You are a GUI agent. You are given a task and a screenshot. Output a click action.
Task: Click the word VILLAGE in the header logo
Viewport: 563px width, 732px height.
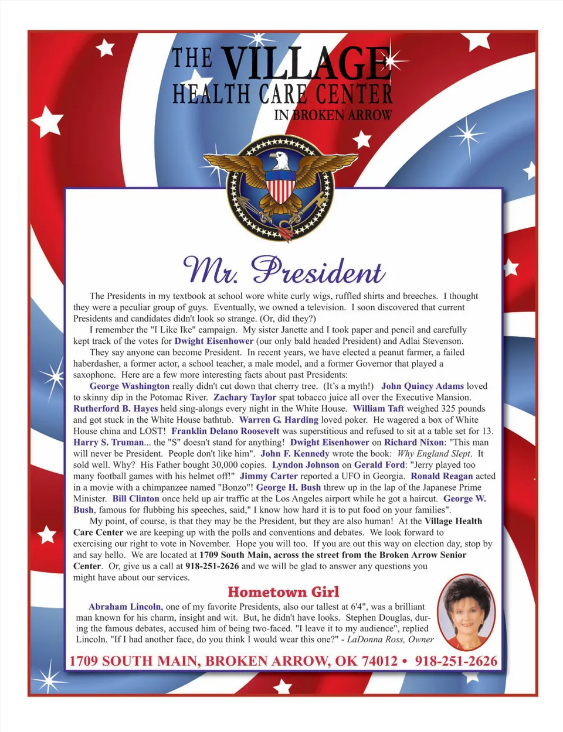306,63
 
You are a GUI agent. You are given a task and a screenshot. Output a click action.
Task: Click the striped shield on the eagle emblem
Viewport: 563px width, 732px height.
280,187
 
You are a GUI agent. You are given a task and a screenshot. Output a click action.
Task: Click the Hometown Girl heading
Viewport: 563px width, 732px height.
283,592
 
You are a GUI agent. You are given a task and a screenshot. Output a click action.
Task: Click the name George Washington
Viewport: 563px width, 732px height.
130,386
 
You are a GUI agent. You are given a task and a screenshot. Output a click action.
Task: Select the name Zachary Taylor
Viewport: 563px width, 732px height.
245,397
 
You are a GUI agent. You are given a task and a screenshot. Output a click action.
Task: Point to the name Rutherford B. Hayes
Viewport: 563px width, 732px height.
116,408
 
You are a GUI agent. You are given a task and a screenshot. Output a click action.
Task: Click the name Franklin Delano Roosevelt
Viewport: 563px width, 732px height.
225,431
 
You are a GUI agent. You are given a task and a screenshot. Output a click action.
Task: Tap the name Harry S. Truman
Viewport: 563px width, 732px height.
108,442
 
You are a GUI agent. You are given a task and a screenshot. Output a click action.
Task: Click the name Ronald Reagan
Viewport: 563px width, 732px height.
442,476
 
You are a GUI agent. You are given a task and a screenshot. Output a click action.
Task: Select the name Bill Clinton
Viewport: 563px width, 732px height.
136,498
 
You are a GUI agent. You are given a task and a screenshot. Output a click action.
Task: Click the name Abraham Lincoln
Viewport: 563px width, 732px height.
124,607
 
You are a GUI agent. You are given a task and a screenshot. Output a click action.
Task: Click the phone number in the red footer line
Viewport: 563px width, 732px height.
456,661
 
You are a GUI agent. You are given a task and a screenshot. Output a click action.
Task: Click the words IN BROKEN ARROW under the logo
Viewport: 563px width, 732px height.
333,115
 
